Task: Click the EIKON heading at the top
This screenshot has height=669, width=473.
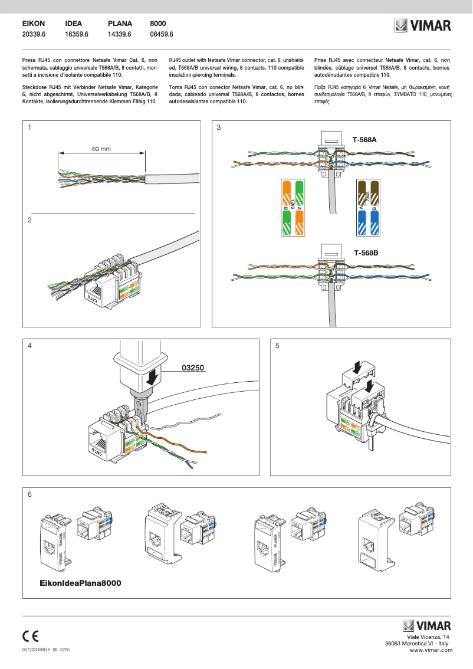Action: [34, 24]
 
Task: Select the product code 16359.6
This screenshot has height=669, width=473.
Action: [76, 35]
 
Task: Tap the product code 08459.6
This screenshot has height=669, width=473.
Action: [162, 35]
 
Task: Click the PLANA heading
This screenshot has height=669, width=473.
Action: [120, 24]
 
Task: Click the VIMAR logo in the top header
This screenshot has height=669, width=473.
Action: [422, 26]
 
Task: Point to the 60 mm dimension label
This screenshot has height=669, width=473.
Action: [101, 149]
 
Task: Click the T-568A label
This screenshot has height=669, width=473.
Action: [364, 140]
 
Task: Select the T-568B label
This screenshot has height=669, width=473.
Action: [366, 252]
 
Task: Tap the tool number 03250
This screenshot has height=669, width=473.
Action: [193, 368]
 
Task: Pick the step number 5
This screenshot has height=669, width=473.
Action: [277, 346]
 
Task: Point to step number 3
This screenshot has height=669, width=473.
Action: [219, 128]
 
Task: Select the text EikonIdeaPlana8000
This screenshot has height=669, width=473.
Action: [80, 583]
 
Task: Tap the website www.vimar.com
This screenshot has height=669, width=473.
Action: [431, 650]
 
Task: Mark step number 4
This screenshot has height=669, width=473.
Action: [29, 346]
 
